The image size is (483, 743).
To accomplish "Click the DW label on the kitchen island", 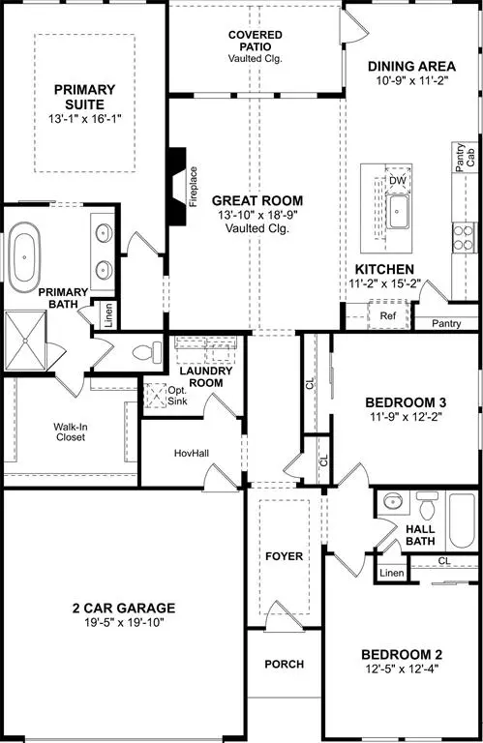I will [397, 181].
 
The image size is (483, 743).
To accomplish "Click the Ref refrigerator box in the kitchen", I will [387, 314].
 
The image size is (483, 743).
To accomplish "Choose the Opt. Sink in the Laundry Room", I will [158, 396].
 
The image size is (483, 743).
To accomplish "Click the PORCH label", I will [283, 665].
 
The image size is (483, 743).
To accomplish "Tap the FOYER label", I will [283, 557].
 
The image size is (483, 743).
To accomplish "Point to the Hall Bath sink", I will [393, 503].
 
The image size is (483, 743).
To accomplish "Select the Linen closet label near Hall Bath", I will [391, 574].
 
